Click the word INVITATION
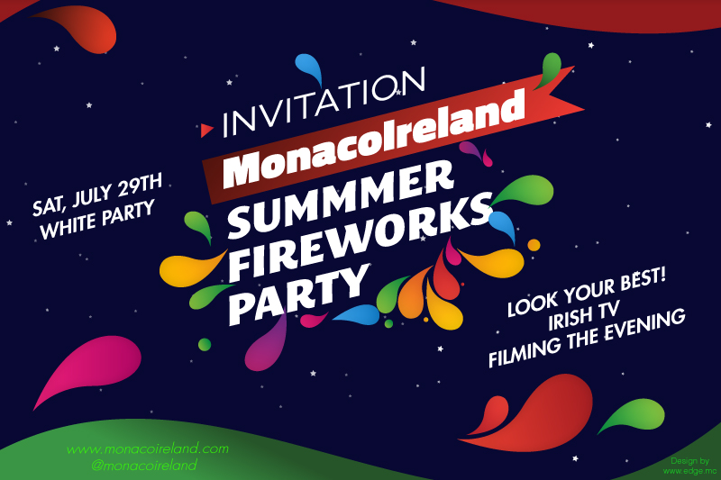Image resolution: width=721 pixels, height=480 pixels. pyautogui.click(x=324, y=102)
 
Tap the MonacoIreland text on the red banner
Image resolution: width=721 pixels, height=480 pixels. pyautogui.click(x=374, y=139)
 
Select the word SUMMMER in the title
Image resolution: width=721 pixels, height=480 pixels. pyautogui.click(x=341, y=198)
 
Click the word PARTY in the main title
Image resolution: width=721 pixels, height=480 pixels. pyautogui.click(x=299, y=294)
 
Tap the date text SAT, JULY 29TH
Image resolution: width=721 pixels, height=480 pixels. pyautogui.click(x=97, y=195)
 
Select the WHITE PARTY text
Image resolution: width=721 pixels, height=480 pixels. pyautogui.click(x=97, y=220)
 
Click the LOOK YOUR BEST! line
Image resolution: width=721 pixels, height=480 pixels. pyautogui.click(x=587, y=293)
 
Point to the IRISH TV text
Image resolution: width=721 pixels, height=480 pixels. pyautogui.click(x=584, y=315)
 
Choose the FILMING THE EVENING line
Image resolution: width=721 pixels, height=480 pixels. pyautogui.click(x=587, y=338)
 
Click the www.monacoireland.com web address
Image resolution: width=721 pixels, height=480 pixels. pyautogui.click(x=148, y=448)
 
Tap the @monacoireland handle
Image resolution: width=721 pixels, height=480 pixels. pyautogui.click(x=144, y=465)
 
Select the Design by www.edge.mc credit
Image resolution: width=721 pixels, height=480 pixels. pyautogui.click(x=689, y=466)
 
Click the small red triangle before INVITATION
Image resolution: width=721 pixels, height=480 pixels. pyautogui.click(x=206, y=131)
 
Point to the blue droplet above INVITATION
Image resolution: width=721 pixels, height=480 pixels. pyautogui.click(x=308, y=68)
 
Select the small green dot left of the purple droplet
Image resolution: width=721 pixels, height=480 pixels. pyautogui.click(x=205, y=345)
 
